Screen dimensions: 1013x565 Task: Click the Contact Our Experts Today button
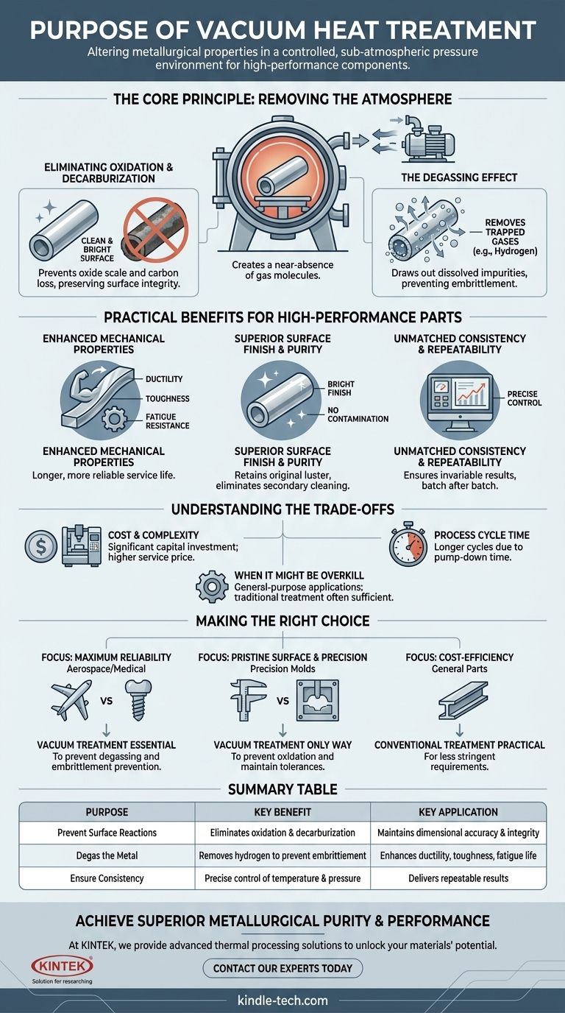(x=282, y=967)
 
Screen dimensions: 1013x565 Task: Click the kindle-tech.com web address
(x=282, y=1000)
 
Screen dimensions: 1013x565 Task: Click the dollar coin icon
(x=38, y=546)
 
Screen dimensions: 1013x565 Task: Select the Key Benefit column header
(x=282, y=812)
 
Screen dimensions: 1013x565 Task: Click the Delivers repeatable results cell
(x=458, y=878)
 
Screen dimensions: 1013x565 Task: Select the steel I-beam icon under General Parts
(x=458, y=699)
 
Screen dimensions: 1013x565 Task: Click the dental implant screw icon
(x=139, y=700)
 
